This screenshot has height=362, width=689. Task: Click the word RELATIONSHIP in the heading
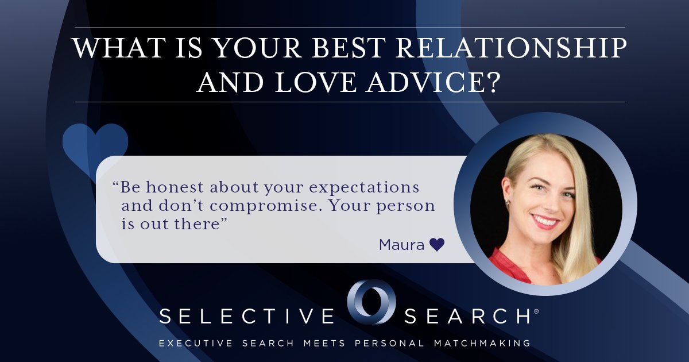[x=511, y=48]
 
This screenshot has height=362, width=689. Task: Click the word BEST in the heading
[x=349, y=48]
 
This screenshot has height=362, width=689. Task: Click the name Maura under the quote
[x=402, y=245]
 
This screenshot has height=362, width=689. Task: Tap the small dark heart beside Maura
[x=437, y=245]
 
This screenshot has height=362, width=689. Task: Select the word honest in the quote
[x=175, y=187]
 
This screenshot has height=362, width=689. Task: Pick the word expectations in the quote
[x=364, y=188]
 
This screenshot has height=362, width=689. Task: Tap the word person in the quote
[x=405, y=206]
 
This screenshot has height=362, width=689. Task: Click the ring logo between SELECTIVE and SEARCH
[x=371, y=302]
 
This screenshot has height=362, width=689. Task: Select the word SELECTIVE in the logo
[x=247, y=316]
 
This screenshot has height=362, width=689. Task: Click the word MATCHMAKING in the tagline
[x=482, y=343]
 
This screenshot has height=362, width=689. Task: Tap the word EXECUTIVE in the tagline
[x=196, y=343]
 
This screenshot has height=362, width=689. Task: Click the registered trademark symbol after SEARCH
[x=536, y=311]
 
